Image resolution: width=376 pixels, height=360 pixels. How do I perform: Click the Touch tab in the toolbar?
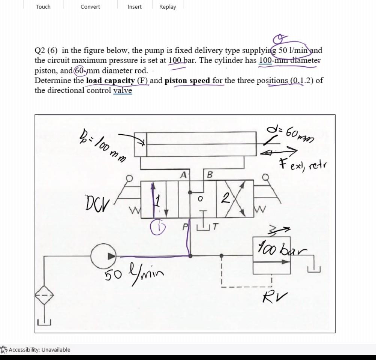point(43,7)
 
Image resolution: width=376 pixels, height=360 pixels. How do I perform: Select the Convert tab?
point(90,7)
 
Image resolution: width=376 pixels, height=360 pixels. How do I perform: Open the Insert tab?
point(135,7)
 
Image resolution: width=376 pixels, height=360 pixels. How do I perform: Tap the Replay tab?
point(168,7)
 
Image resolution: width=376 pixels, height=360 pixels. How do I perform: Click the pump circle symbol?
point(103,256)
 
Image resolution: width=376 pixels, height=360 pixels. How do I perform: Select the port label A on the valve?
point(183,175)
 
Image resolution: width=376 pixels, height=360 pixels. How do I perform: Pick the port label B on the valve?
point(210,175)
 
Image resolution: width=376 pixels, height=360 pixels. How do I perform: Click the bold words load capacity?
point(111,81)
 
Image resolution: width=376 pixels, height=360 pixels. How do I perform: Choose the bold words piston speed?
point(187,81)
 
